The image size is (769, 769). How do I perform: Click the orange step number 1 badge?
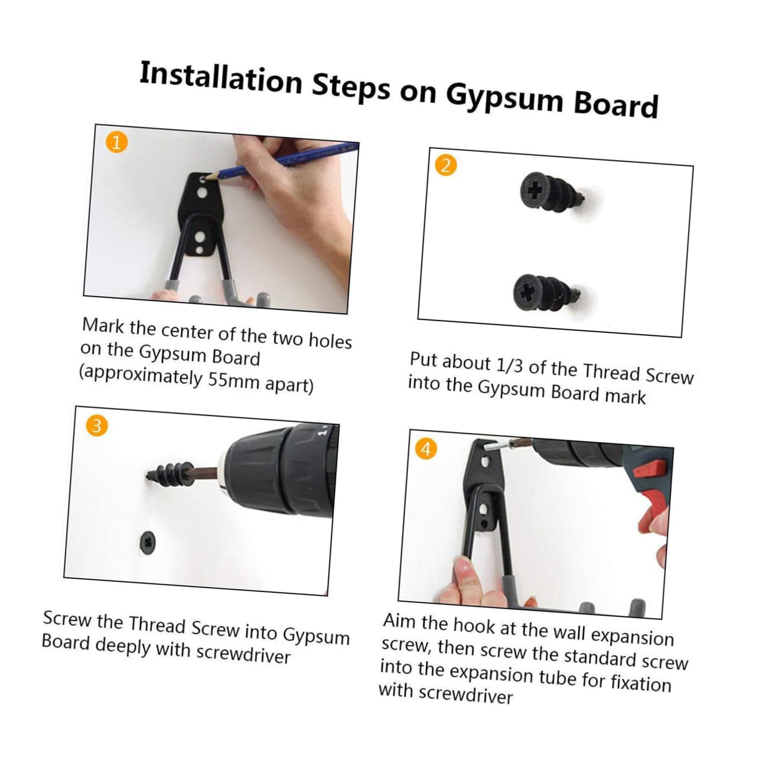(116, 142)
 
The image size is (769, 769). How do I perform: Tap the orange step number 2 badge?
(446, 165)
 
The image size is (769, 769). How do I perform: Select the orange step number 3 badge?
(97, 425)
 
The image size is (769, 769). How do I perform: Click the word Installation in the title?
(220, 79)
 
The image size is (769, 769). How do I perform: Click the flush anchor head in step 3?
(148, 543)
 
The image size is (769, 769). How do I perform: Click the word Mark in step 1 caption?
(103, 325)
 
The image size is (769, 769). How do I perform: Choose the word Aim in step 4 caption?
(400, 621)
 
